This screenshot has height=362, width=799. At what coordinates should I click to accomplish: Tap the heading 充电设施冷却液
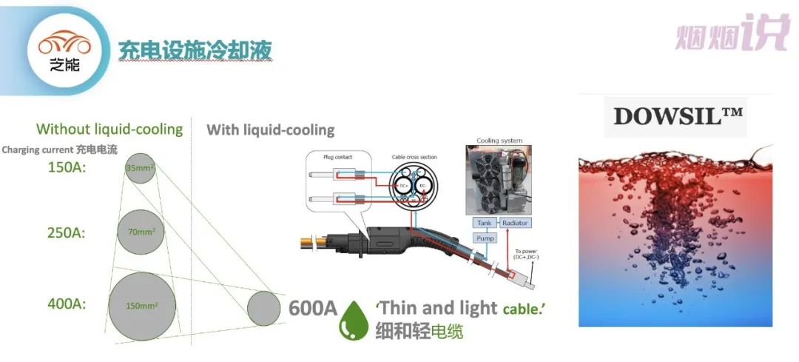[195, 50]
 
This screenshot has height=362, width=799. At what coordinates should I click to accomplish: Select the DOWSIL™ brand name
[678, 116]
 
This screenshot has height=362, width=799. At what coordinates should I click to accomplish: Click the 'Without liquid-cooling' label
[109, 130]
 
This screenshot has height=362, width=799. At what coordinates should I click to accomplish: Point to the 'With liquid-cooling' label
[270, 130]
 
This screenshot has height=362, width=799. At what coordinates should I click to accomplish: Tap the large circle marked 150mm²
[141, 305]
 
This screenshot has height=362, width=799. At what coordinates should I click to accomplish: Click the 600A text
[313, 306]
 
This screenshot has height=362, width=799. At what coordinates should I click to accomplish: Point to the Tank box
[484, 223]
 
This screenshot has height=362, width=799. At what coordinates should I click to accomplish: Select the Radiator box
[515, 223]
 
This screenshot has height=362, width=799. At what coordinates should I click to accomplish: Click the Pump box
[484, 238]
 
